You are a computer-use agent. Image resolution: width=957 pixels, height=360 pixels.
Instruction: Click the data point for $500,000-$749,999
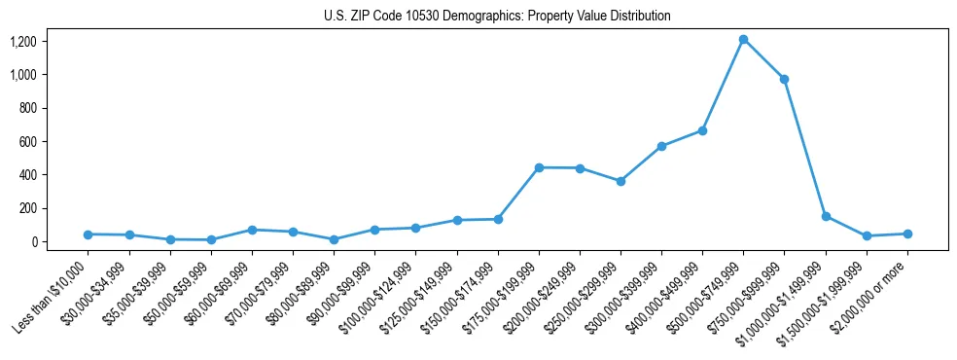click(x=743, y=40)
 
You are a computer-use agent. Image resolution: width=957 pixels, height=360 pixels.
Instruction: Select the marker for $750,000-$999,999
click(x=784, y=79)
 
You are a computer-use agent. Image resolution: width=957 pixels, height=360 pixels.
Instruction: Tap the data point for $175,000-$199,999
click(x=539, y=167)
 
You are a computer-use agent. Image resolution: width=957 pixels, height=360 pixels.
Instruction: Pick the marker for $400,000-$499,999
click(x=702, y=130)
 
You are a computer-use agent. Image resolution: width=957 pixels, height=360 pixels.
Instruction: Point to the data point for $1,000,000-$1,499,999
click(x=826, y=216)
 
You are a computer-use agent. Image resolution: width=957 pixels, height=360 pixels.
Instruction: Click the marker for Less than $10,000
click(x=89, y=234)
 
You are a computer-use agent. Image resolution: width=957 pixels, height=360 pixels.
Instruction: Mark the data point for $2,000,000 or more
click(x=907, y=234)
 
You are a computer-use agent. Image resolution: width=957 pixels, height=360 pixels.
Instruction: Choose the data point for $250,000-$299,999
click(x=620, y=181)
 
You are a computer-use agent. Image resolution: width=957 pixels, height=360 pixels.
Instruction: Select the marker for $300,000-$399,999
click(x=661, y=146)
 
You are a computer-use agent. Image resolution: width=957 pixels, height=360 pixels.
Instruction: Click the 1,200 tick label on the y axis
click(x=23, y=42)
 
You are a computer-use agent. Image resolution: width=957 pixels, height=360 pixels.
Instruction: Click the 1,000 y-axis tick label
click(x=23, y=75)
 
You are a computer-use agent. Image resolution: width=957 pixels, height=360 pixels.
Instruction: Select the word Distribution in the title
click(x=638, y=17)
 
